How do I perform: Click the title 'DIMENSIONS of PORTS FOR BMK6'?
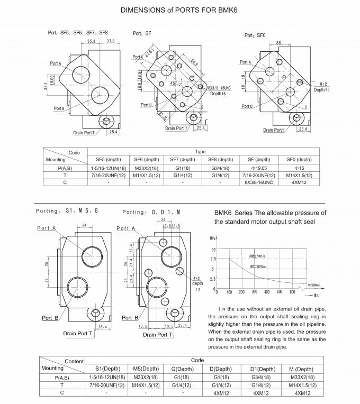(179, 9)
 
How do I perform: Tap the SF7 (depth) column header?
(183, 159)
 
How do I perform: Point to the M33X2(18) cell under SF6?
(146, 168)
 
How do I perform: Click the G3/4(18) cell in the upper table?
(219, 168)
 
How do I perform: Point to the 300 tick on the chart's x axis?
(255, 291)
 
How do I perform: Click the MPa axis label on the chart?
(212, 238)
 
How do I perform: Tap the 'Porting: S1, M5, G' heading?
(67, 211)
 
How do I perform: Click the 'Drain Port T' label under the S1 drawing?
(78, 333)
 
